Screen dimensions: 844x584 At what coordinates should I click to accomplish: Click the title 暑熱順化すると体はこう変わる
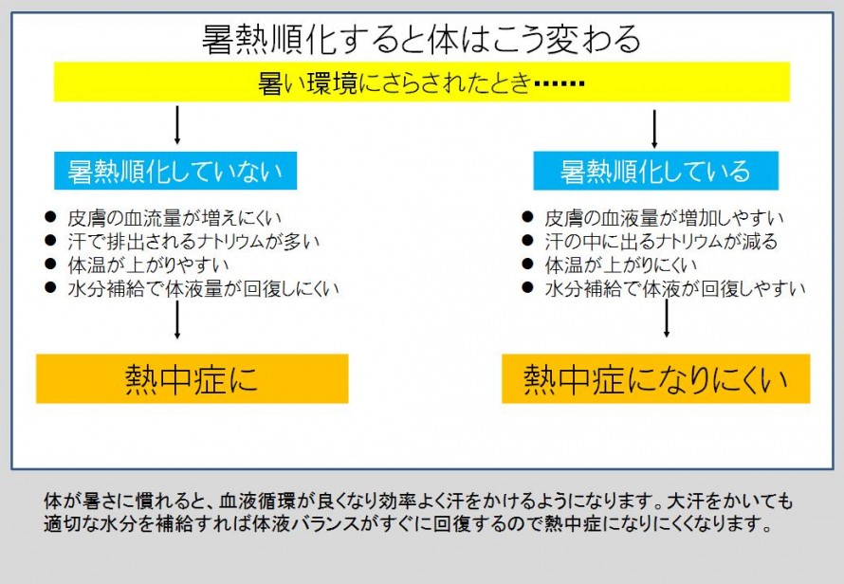point(421,39)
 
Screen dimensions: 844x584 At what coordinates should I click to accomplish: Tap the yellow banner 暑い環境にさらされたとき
point(421,82)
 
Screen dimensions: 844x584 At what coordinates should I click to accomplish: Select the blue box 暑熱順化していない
point(175,171)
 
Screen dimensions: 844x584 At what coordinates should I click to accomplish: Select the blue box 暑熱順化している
point(655,171)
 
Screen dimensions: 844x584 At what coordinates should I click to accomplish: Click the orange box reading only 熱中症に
point(193,378)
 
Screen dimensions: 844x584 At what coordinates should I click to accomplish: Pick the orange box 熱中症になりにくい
point(655,378)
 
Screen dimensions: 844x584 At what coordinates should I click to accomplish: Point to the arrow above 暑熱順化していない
point(177,125)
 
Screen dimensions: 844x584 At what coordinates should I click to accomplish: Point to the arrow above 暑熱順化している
point(654,129)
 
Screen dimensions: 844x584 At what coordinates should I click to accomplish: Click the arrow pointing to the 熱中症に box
point(177,319)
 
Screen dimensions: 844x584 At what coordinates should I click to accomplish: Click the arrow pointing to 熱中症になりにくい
point(667,319)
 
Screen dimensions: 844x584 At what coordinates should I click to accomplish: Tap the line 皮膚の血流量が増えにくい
point(174,218)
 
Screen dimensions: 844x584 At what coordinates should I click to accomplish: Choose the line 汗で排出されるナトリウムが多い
point(193,242)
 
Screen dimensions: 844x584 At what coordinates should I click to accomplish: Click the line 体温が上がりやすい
point(148,265)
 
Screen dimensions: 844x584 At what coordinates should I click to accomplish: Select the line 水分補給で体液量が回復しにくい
point(204,288)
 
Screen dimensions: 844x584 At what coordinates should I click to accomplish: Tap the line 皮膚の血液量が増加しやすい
point(664,218)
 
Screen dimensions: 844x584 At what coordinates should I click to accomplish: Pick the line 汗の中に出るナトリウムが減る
point(661,242)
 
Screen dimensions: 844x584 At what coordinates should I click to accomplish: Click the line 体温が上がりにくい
point(620,265)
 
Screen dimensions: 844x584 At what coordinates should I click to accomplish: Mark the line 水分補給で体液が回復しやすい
point(675,288)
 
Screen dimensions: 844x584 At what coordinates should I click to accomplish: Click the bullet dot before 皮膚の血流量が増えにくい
point(50,217)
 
